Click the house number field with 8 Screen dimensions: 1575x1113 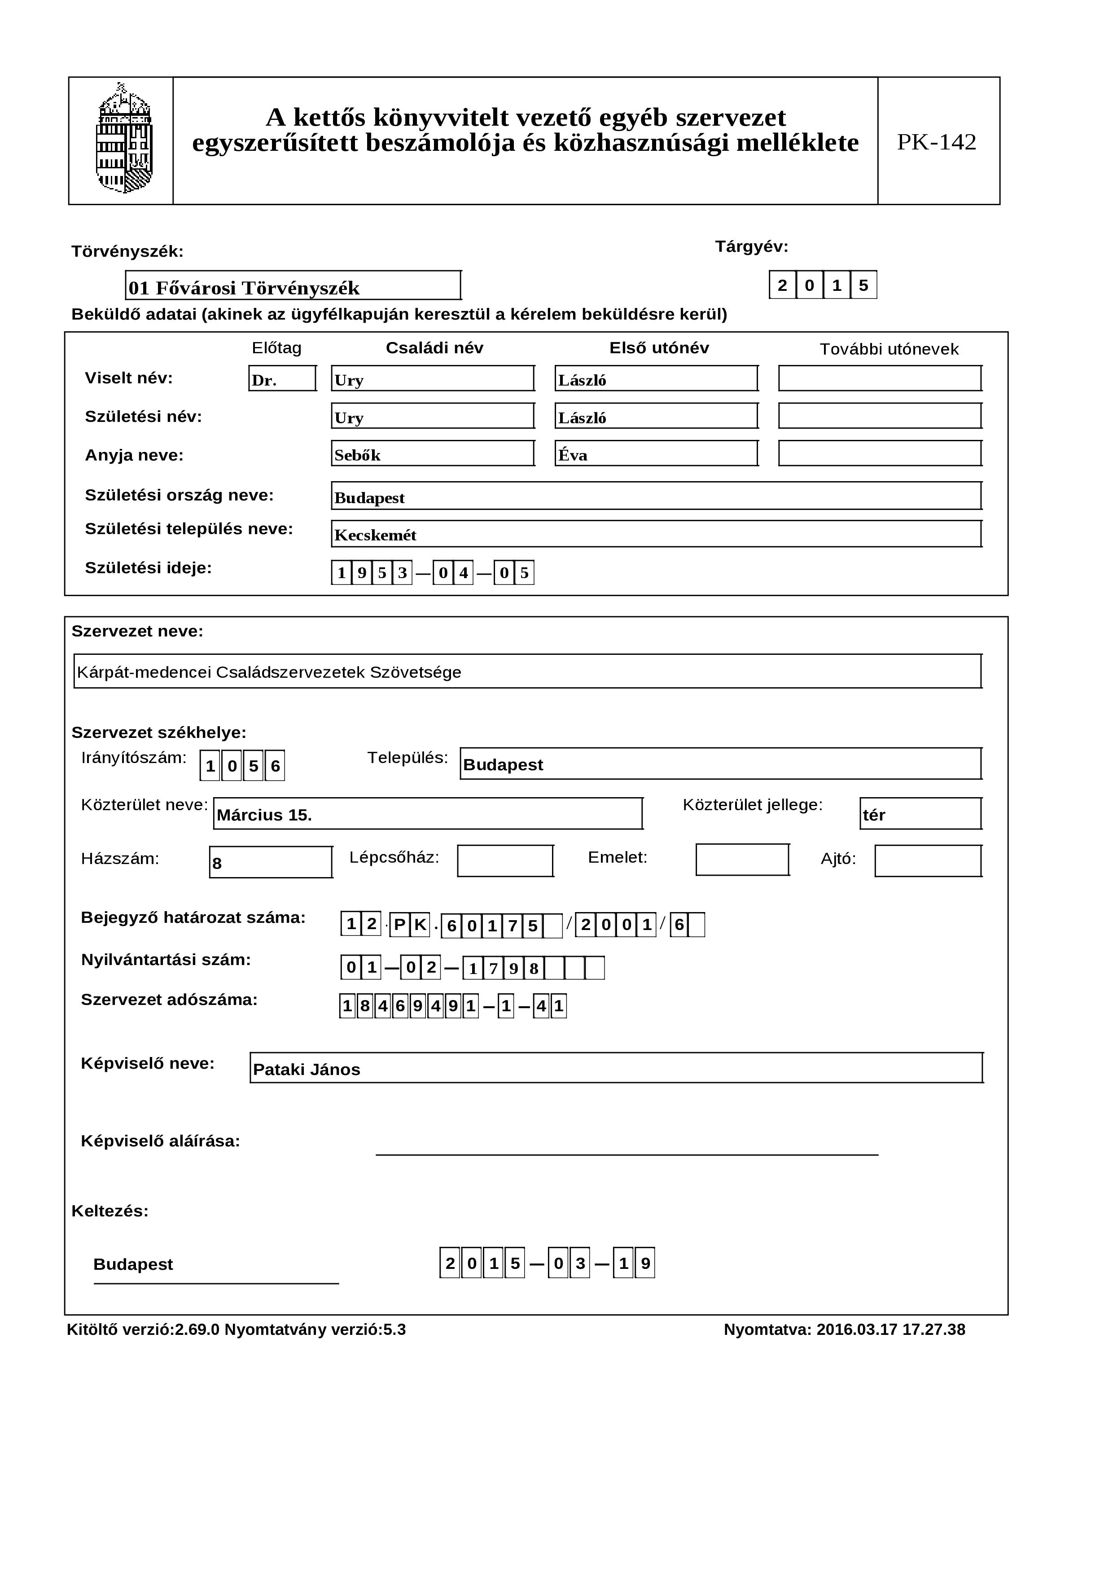pos(271,862)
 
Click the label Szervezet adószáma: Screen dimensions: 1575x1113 pos(169,1000)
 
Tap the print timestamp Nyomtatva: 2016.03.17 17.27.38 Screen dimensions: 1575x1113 pos(844,1329)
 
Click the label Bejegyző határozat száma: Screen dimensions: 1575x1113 pos(193,918)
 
